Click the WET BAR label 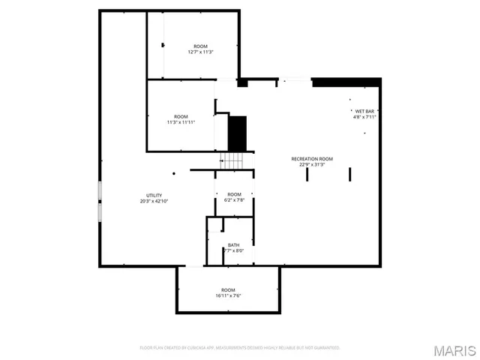point(364,111)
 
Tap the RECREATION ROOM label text point(312,159)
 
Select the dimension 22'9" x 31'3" point(312,165)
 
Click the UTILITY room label point(154,195)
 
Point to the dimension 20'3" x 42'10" point(154,201)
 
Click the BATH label point(234,244)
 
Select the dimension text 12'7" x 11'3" point(201,52)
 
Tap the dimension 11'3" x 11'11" point(181,122)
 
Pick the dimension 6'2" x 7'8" point(235,200)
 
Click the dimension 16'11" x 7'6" point(228,295)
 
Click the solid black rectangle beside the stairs point(238,133)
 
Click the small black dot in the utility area point(174,173)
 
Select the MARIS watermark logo point(454,350)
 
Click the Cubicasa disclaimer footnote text point(240,348)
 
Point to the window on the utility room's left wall point(99,201)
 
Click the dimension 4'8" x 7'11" point(364,117)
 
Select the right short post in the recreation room point(350,174)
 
